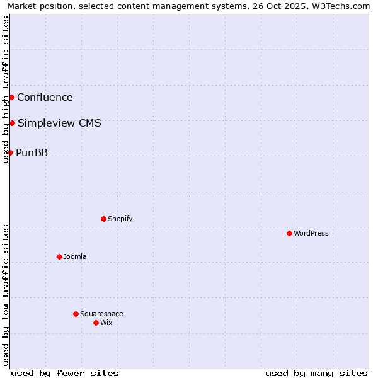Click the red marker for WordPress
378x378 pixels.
tap(289, 233)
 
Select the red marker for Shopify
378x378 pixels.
tap(103, 219)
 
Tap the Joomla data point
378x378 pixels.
tap(59, 256)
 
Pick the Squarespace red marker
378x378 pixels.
tap(76, 314)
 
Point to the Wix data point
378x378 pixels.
tap(96, 323)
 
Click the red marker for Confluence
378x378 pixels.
tap(11, 97)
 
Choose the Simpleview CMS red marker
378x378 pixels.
tap(12, 123)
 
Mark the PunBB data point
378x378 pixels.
tap(10, 152)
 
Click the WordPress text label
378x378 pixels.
tap(311, 233)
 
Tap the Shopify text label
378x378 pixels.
tap(120, 219)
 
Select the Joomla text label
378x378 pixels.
tap(75, 256)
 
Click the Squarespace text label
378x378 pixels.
tap(101, 314)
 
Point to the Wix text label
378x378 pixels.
tap(106, 323)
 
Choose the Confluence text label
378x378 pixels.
tap(45, 97)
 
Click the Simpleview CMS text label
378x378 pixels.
tap(59, 123)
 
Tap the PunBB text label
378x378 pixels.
tap(31, 152)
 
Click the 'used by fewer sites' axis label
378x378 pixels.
tap(65, 373)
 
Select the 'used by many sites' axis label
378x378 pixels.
tap(316, 373)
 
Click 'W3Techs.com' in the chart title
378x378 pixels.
tap(341, 6)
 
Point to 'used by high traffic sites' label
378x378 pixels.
tap(6, 89)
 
